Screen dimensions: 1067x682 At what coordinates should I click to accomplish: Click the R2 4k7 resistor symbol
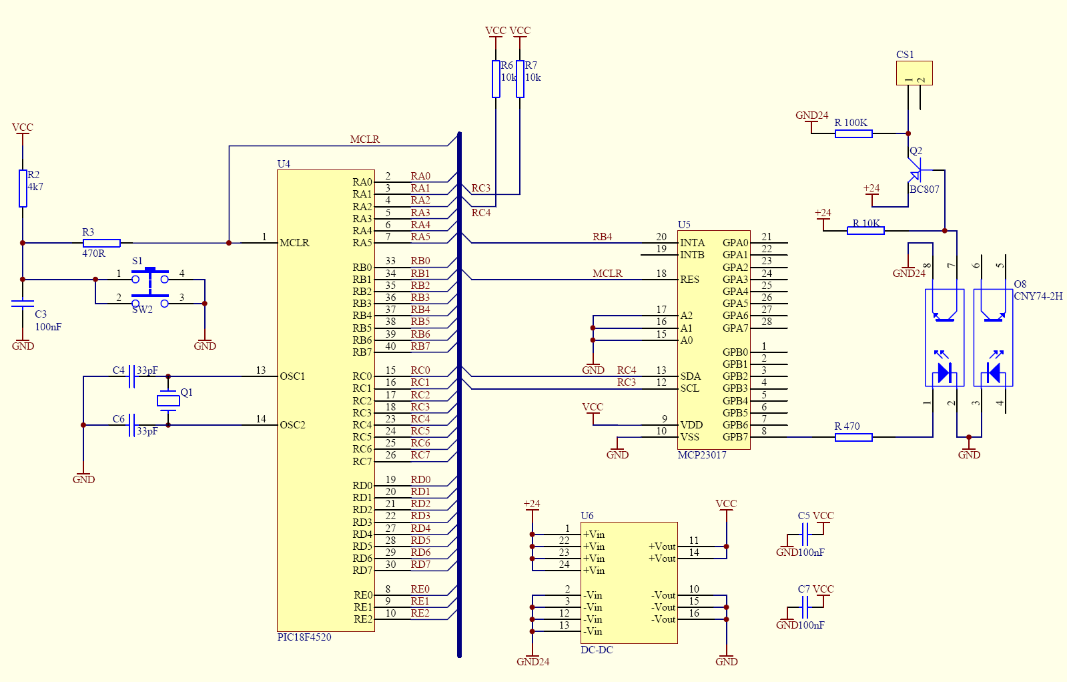click(23, 189)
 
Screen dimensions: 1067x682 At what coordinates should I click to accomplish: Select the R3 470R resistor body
click(101, 243)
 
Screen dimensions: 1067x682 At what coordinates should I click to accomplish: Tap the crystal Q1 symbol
click(168, 400)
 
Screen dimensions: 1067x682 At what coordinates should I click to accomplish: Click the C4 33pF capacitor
click(132, 376)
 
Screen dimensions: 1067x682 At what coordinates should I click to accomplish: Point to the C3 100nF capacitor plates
click(23, 304)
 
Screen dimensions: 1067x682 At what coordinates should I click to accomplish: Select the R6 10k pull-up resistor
click(496, 79)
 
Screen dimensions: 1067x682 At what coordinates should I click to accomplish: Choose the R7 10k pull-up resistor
click(520, 79)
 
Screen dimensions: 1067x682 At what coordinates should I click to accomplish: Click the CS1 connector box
click(914, 73)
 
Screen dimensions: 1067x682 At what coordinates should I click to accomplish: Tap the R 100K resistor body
click(853, 134)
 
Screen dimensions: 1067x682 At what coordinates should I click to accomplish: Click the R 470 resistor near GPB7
click(853, 437)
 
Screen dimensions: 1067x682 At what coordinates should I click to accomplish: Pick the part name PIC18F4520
click(304, 637)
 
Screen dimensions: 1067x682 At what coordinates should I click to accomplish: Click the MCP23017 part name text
click(702, 455)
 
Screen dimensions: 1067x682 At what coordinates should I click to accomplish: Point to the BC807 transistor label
click(925, 189)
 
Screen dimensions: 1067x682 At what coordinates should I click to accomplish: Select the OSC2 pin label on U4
click(292, 425)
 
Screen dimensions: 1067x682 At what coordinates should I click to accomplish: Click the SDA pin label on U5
click(690, 376)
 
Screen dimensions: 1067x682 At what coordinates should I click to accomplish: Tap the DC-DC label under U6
click(597, 649)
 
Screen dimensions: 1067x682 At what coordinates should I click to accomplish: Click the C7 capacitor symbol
click(805, 607)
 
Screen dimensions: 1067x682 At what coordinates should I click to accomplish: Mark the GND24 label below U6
click(533, 661)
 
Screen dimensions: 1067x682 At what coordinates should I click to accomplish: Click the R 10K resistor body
click(865, 230)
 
